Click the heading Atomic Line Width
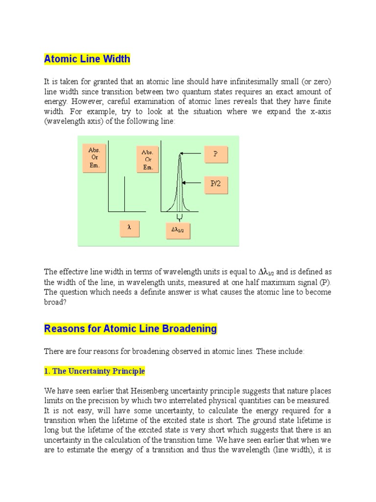[x=87, y=59]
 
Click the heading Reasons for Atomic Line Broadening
[x=130, y=328]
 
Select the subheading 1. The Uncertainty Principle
[x=94, y=371]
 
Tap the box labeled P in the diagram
[x=215, y=153]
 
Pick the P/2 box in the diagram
[x=215, y=184]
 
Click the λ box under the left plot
[x=129, y=227]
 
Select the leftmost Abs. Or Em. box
[x=94, y=158]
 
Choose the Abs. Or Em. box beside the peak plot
[x=148, y=160]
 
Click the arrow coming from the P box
[x=192, y=153]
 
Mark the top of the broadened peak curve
[x=180, y=155]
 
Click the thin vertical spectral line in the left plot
[x=124, y=194]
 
